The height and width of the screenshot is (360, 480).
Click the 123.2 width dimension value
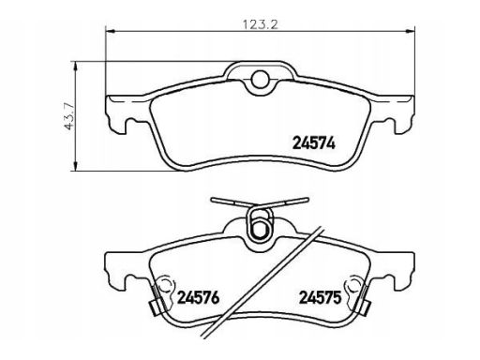click(x=261, y=24)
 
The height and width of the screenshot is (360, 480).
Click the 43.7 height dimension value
click(x=68, y=116)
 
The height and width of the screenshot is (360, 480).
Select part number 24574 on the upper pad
click(x=314, y=143)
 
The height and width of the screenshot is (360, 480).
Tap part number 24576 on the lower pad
click(x=199, y=298)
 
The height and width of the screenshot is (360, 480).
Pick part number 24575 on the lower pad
click(x=320, y=297)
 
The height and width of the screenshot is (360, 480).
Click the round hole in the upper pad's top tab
click(x=261, y=78)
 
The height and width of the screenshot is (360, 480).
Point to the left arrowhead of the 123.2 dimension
click(x=111, y=31)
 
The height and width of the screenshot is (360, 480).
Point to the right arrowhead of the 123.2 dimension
click(x=410, y=31)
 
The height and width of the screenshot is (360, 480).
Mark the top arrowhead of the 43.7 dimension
click(x=75, y=67)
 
